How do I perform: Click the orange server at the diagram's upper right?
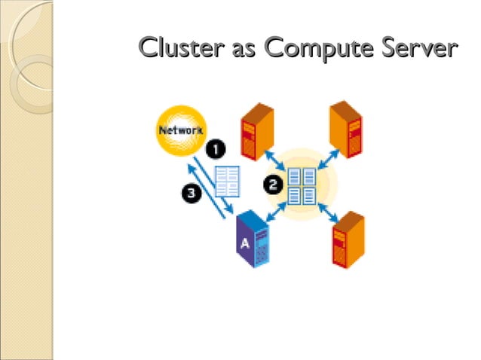[x=346, y=130]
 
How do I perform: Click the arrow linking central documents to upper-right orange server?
[x=326, y=157]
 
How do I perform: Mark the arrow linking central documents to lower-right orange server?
[x=328, y=210]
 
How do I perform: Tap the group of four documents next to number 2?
[x=302, y=186]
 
